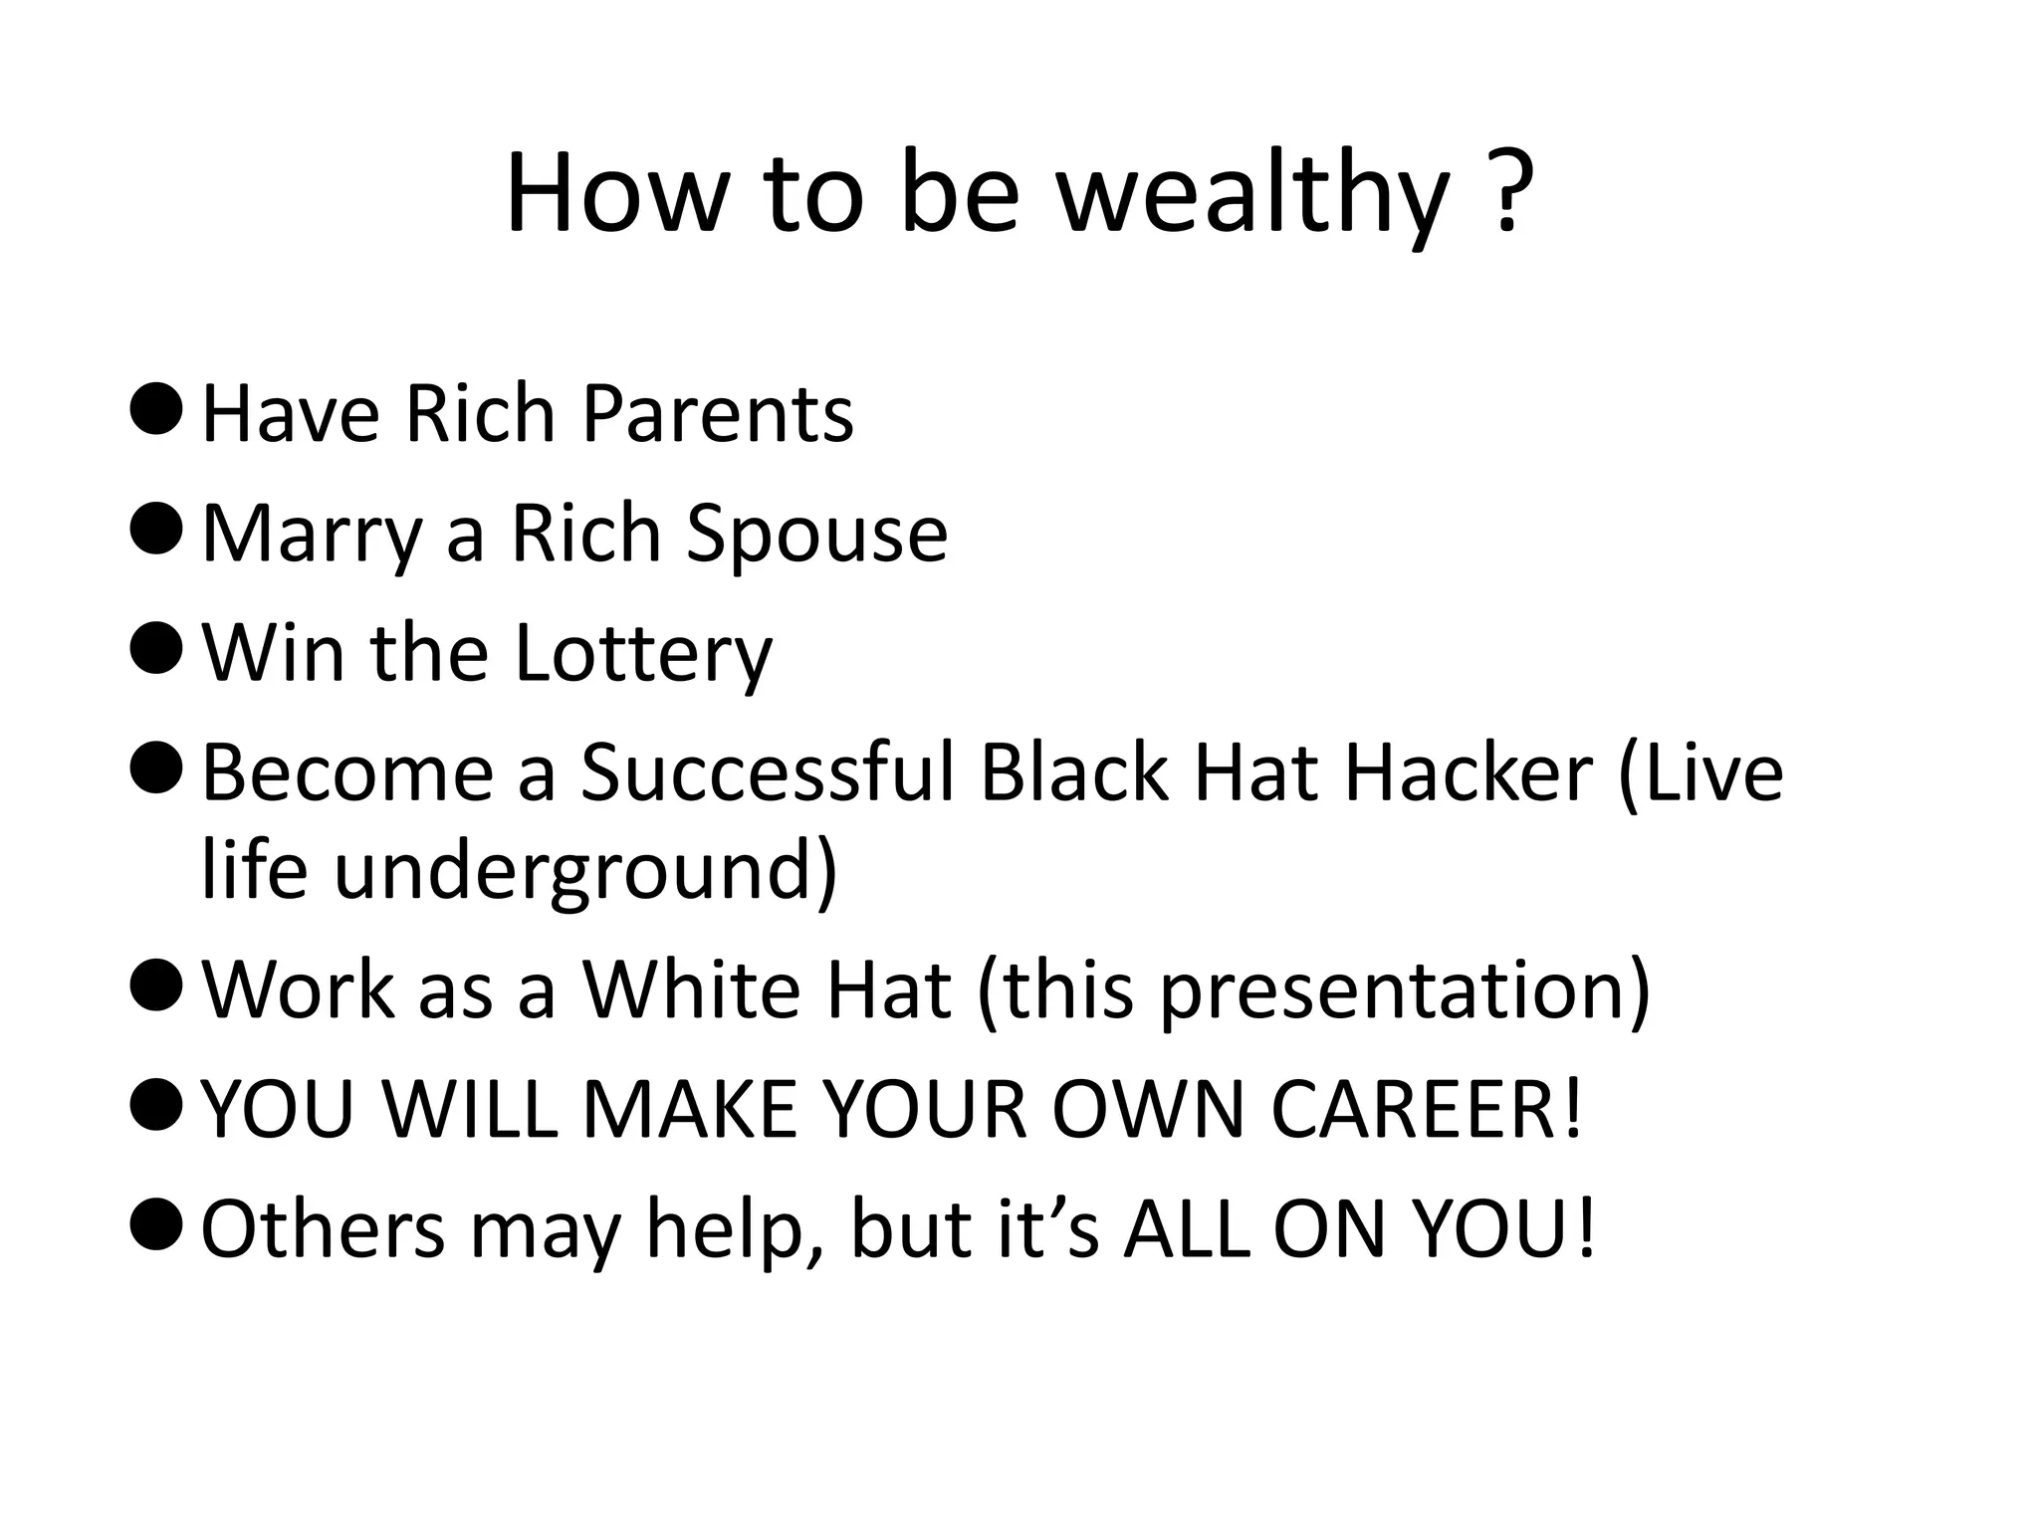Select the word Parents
[x=717, y=413]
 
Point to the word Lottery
[x=643, y=654]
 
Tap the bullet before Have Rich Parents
[x=156, y=410]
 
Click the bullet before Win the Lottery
[x=156, y=648]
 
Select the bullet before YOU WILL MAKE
[x=156, y=1104]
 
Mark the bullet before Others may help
[x=156, y=1223]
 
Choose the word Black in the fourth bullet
[x=1073, y=773]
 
